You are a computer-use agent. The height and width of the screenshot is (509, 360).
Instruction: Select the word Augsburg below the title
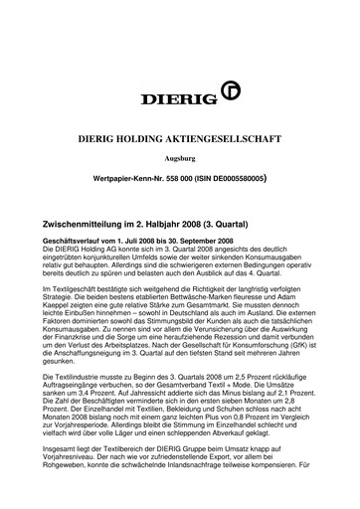point(180,159)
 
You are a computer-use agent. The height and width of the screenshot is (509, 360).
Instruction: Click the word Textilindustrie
point(80,381)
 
